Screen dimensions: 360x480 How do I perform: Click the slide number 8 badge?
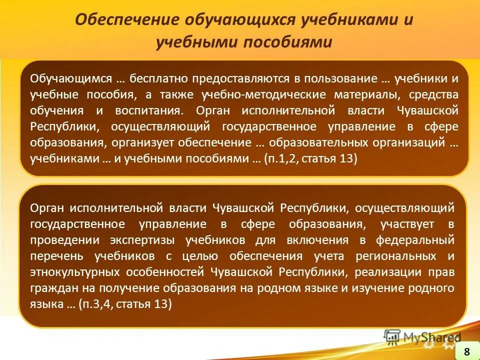point(466,350)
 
